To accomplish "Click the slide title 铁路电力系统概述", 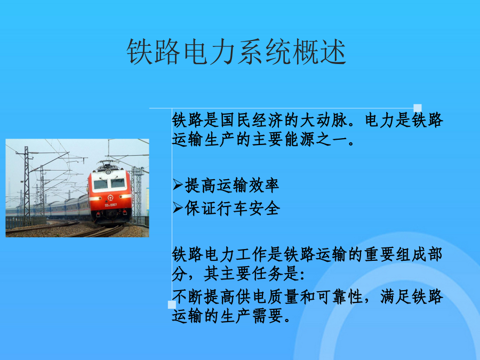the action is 236,51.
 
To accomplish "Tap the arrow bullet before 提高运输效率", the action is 178,185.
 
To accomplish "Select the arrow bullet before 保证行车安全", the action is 178,207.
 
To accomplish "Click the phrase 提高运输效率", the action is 232,186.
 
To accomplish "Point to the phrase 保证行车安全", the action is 232,209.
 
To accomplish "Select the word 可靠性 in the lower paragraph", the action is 340,297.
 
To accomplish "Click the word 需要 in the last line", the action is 268,316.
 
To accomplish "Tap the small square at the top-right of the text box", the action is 418,108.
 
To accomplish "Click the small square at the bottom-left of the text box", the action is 172,305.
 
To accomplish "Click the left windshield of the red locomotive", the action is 101,184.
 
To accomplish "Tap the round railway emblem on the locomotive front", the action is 110,198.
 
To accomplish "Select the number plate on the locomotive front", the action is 110,205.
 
